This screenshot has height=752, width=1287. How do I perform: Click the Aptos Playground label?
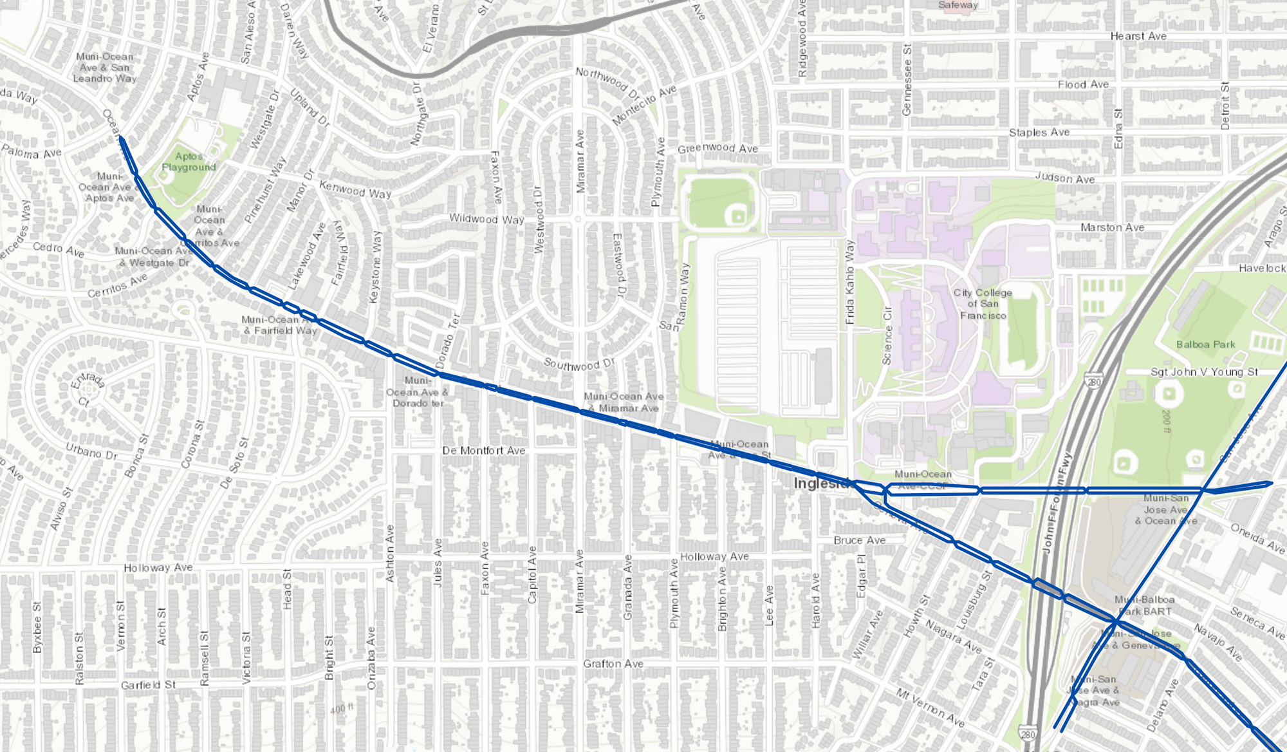[189, 162]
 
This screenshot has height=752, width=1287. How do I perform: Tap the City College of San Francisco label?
[983, 304]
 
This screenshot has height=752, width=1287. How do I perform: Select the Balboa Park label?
[1205, 344]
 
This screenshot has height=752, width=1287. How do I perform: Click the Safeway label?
[958, 5]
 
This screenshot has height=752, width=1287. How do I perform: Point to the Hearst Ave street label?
[1138, 36]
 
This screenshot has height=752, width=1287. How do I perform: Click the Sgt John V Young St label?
[1204, 371]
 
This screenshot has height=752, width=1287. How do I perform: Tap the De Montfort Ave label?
[483, 450]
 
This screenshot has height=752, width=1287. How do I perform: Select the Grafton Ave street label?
[613, 663]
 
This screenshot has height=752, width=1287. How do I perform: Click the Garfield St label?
[148, 684]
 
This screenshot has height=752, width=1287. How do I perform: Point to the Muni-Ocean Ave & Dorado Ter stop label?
[418, 391]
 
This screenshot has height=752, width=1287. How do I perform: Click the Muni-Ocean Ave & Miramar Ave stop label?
[623, 402]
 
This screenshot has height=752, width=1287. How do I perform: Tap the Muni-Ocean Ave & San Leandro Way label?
[104, 68]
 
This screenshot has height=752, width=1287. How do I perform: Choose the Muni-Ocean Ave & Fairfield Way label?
[279, 324]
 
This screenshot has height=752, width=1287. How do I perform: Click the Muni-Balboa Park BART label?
[1144, 605]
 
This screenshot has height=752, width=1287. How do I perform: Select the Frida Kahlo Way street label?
[849, 281]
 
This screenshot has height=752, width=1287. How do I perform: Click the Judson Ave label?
[1064, 178]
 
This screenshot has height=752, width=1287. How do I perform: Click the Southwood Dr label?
[579, 364]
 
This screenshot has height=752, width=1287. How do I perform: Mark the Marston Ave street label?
[1112, 227]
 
